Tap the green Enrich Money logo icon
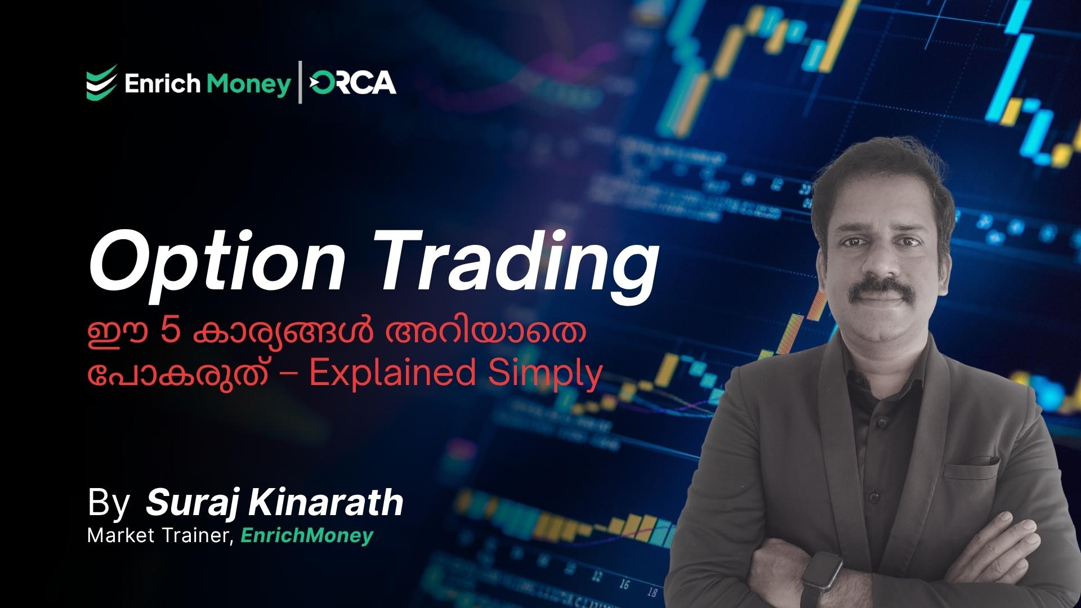[x=102, y=83]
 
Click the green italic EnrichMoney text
[x=307, y=535]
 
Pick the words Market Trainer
[x=160, y=535]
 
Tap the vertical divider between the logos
[x=300, y=82]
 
